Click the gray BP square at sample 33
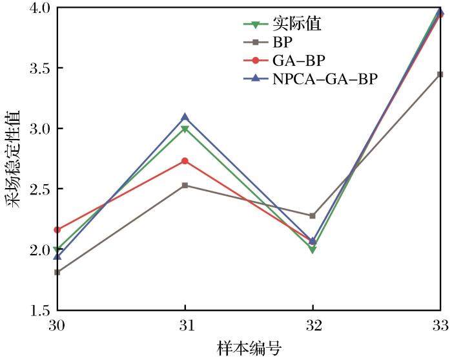pos(440,74)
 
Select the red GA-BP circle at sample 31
pos(185,161)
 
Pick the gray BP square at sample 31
pos(185,185)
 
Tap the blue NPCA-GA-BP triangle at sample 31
pos(185,118)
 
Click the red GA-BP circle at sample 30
pos(57,230)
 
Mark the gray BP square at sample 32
pos(313,216)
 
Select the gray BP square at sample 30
pos(57,273)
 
